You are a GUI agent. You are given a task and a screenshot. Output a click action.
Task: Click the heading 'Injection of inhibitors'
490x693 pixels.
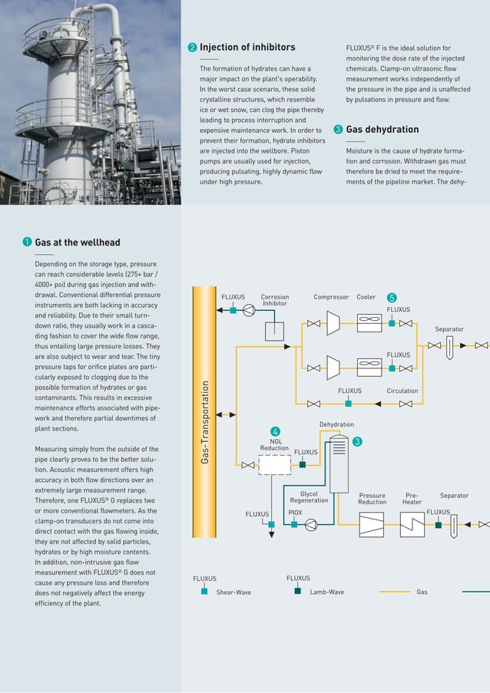click(247, 48)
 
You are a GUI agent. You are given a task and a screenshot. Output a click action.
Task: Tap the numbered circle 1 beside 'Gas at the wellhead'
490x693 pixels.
click(27, 243)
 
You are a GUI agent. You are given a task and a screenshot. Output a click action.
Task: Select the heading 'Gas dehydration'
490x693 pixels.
click(382, 130)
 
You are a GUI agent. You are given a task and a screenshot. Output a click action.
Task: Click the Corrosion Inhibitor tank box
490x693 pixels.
click(274, 331)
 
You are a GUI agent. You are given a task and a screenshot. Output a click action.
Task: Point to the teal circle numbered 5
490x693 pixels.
click(392, 297)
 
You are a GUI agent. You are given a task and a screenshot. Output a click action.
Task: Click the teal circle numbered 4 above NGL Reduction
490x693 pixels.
click(275, 431)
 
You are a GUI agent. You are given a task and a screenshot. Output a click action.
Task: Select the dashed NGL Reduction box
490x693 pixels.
click(275, 465)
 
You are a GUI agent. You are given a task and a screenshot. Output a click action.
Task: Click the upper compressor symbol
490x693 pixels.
click(333, 323)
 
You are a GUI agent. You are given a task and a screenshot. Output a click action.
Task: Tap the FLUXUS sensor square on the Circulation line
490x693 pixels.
click(349, 402)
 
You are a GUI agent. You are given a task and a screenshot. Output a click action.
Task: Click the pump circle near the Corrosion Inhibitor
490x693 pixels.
click(250, 310)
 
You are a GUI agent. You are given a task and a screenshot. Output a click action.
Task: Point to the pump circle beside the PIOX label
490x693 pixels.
click(311, 525)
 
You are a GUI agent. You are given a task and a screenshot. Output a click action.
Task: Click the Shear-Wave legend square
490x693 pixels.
click(204, 592)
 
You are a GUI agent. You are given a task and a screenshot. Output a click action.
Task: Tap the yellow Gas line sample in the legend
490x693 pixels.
click(395, 592)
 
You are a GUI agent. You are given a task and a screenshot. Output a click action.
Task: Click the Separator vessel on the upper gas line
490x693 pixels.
click(450, 345)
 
